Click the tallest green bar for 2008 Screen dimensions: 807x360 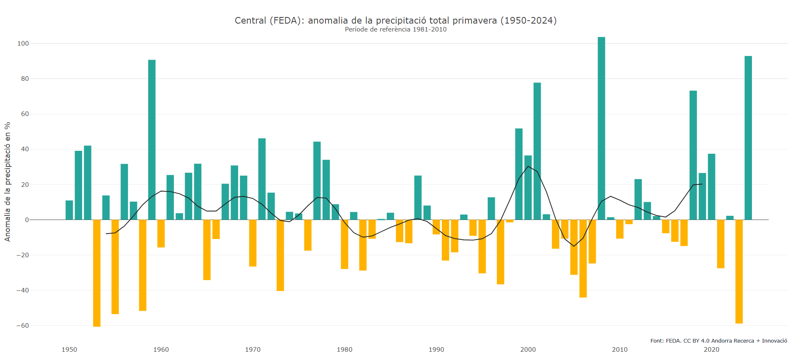(x=601, y=128)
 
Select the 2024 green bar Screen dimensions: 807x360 (x=748, y=138)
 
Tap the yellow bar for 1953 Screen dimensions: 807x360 (x=97, y=273)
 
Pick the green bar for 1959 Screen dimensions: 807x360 (x=152, y=140)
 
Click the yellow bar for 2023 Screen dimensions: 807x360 (x=739, y=272)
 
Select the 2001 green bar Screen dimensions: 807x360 (x=537, y=151)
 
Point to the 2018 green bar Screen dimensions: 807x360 (x=693, y=155)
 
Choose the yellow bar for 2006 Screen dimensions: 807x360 (x=583, y=259)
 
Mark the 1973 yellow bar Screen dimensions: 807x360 (x=280, y=255)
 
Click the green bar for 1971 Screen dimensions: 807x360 (x=262, y=179)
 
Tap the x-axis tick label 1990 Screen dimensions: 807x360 (x=436, y=350)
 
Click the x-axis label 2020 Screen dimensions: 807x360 (x=712, y=350)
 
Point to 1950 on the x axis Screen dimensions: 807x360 (x=69, y=350)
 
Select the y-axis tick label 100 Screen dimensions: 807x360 (x=23, y=43)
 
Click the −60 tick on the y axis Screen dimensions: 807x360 (x=22, y=326)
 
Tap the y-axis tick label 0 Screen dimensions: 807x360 (x=27, y=220)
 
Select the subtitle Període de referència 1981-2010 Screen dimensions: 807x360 (x=396, y=29)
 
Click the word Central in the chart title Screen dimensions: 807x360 (x=251, y=20)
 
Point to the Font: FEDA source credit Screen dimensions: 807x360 (x=719, y=341)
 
